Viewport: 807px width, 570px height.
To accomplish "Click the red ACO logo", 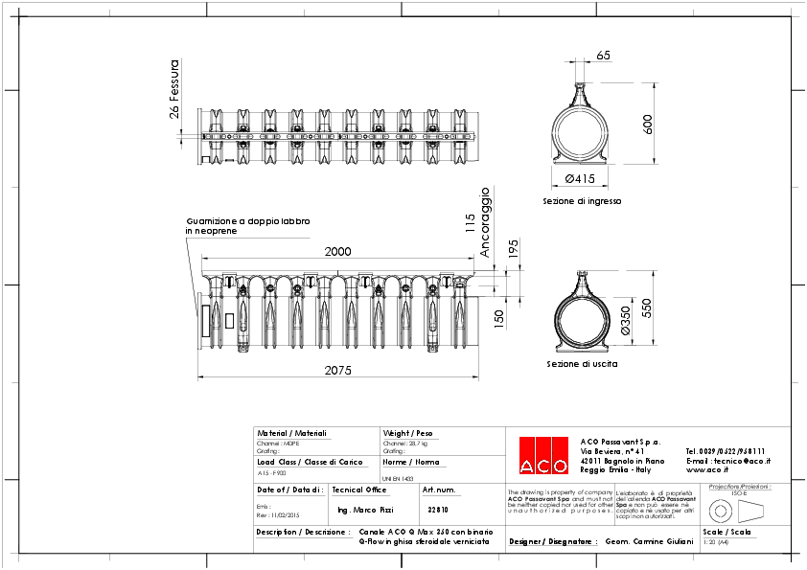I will (542, 455).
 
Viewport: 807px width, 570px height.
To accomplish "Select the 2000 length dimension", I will (337, 252).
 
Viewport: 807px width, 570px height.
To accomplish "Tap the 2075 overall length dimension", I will (337, 370).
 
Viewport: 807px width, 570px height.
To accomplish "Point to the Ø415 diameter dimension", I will (581, 179).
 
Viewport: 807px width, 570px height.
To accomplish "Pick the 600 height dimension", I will (648, 124).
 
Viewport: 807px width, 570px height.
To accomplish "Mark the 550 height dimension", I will (648, 308).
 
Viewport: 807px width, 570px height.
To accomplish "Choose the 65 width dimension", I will (603, 56).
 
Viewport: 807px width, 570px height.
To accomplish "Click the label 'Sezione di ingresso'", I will (582, 202).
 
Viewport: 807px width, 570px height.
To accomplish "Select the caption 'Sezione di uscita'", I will (582, 365).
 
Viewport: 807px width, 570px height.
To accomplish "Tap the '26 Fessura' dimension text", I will (174, 88).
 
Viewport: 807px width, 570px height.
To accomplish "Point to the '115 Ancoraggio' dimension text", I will (477, 223).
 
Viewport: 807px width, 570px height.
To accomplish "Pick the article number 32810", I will (438, 510).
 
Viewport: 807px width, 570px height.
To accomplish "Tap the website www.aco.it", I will (709, 470).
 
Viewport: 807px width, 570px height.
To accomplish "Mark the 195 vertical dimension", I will (513, 249).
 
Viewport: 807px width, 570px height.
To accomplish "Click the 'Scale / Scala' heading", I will (726, 531).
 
